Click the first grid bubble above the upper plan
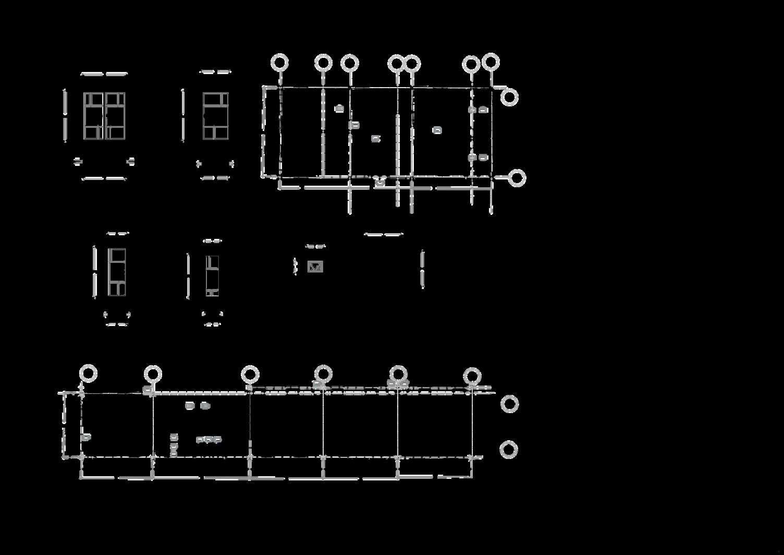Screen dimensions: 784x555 point(280,63)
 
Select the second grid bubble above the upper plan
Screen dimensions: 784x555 point(323,63)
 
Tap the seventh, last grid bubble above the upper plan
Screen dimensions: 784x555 point(490,62)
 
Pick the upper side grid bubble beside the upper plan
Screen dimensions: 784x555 point(509,98)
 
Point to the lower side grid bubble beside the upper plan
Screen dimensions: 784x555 point(517,178)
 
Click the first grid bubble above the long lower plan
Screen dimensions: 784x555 point(88,374)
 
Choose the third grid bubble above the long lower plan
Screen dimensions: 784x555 point(250,375)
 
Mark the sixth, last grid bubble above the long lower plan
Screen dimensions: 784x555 point(472,376)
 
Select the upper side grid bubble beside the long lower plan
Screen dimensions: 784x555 point(509,404)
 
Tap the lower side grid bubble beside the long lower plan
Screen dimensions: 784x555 point(508,450)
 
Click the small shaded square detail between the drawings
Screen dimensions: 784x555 point(315,267)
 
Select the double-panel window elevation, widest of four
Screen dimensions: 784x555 point(104,116)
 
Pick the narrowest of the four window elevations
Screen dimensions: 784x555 point(212,276)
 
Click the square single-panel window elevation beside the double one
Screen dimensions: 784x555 point(215,116)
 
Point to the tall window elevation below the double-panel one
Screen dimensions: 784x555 point(117,272)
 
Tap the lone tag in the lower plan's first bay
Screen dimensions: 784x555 point(86,437)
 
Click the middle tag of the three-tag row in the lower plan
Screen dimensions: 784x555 point(209,440)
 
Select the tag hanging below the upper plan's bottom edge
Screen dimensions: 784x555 point(380,182)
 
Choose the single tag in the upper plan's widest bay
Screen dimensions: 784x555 point(437,130)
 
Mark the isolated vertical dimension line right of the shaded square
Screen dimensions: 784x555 point(422,269)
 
